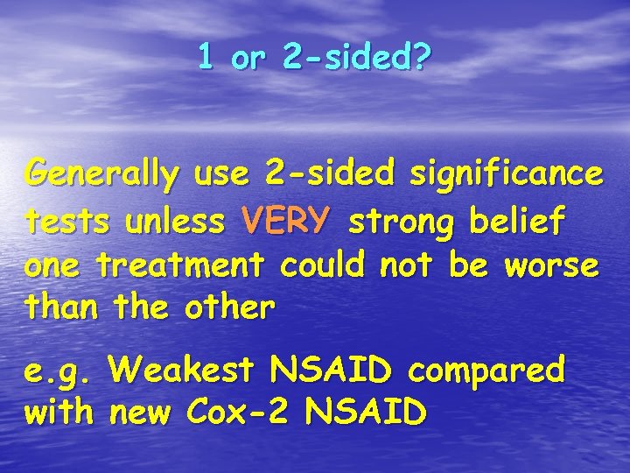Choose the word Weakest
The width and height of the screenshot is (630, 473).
pos(182,371)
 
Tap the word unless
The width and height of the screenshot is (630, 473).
pos(174,222)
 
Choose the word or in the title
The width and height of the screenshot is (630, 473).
pos(249,60)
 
